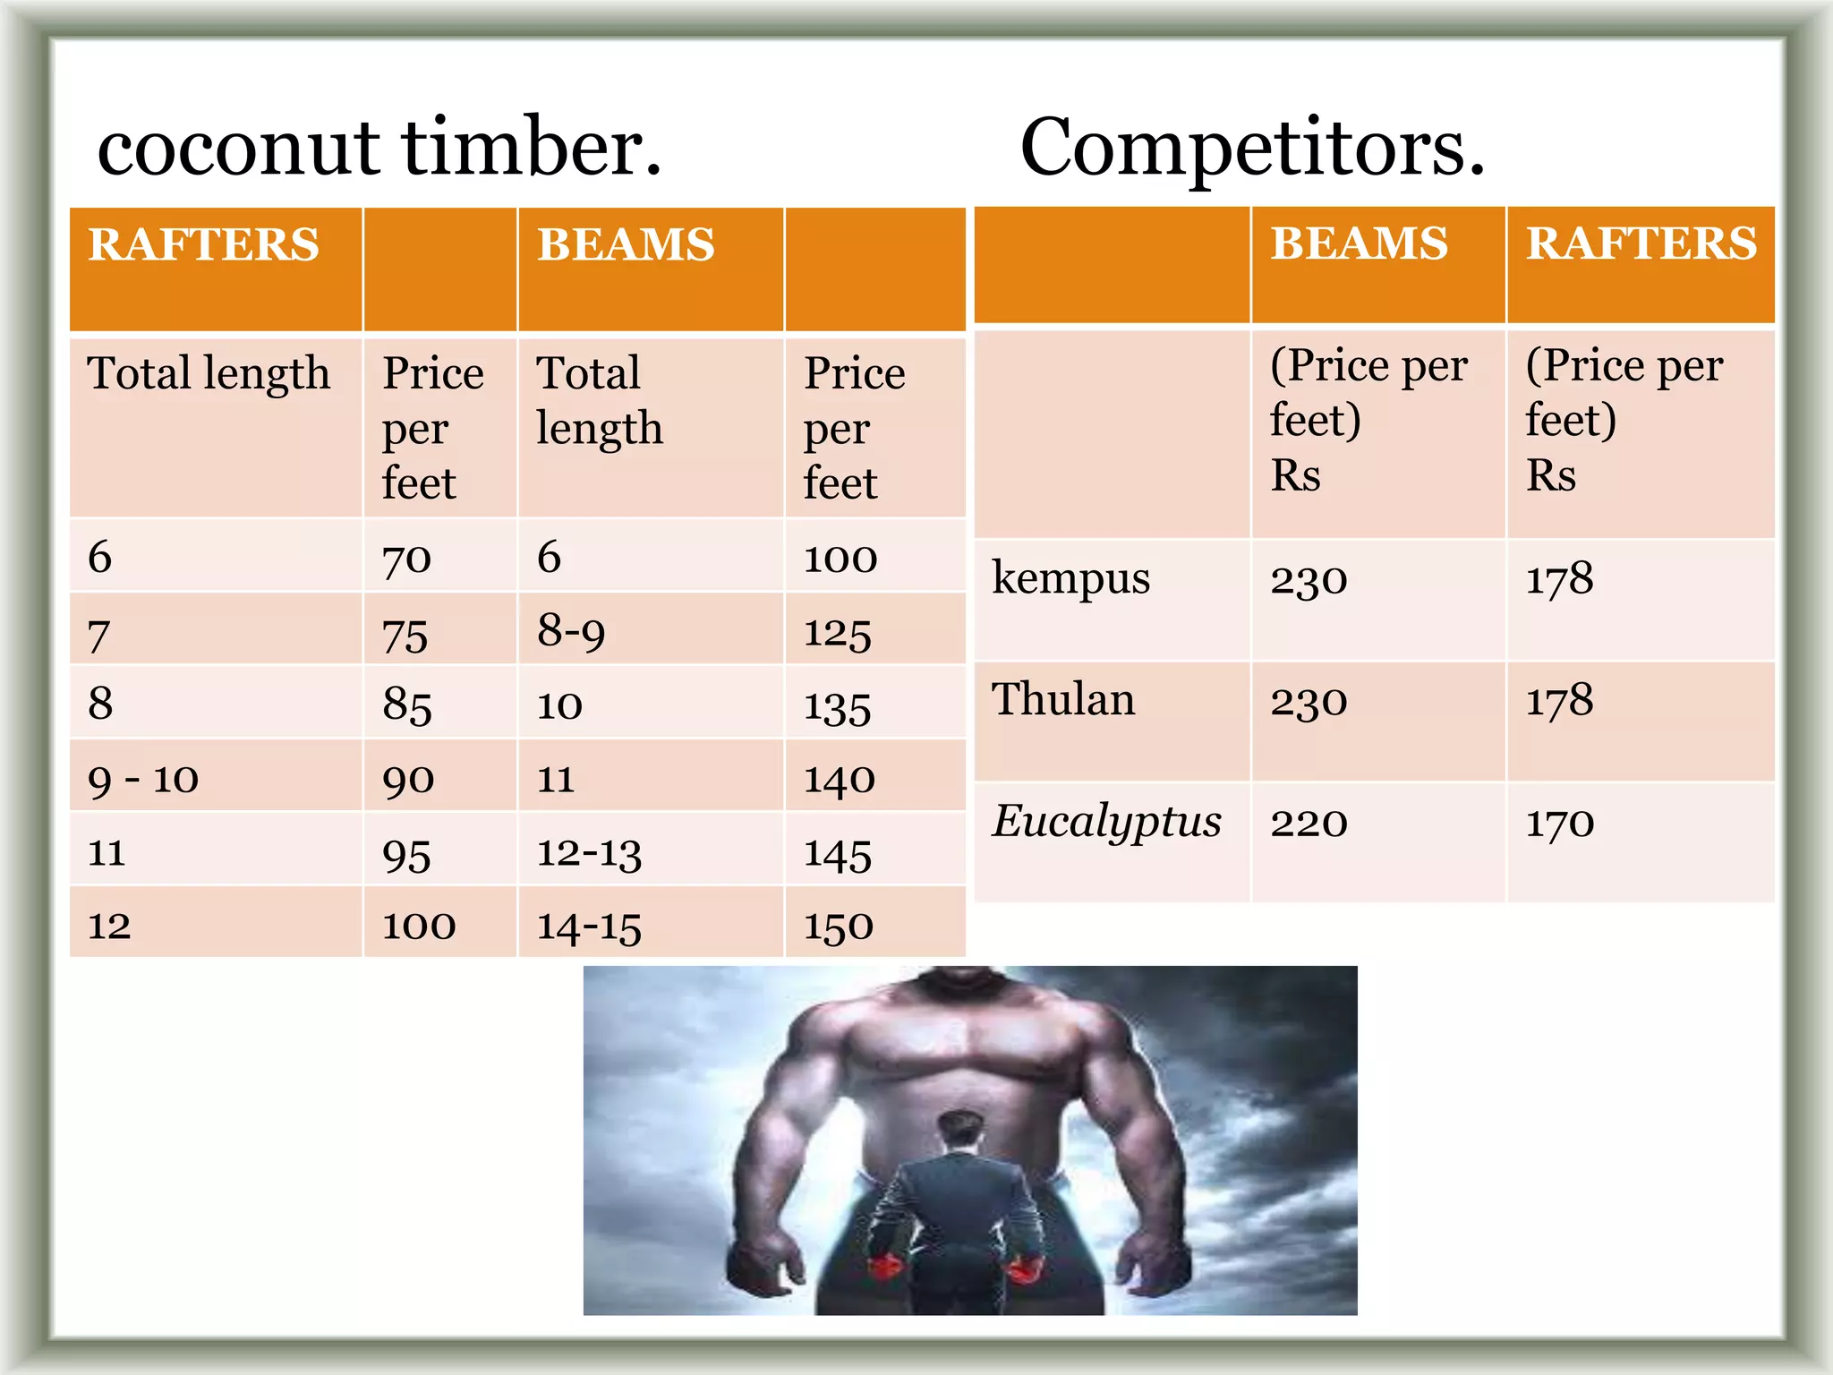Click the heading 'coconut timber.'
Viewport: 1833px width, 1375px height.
tap(379, 148)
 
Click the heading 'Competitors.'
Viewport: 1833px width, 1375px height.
tap(1252, 148)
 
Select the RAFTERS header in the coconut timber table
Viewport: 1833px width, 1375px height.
tap(204, 244)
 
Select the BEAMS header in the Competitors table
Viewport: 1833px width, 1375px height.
tap(1359, 243)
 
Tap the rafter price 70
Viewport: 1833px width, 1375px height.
tap(407, 559)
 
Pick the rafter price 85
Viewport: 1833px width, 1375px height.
tap(407, 705)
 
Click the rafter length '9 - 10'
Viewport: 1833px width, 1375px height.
tap(143, 780)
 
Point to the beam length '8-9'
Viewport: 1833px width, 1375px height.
tap(571, 632)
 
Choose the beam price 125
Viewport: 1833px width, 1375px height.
tap(838, 633)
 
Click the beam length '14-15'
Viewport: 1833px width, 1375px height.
tap(589, 927)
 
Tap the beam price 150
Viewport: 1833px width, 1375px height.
tap(839, 927)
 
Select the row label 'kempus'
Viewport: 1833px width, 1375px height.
tap(1070, 578)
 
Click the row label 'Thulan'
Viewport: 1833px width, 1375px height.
tap(1063, 699)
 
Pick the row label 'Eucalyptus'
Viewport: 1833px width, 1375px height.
tap(1106, 822)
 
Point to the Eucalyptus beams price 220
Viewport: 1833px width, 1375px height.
tap(1309, 823)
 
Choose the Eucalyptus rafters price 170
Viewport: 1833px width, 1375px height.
tap(1560, 823)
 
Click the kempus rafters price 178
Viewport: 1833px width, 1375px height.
tap(1560, 578)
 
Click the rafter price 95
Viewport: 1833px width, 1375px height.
tap(407, 854)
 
